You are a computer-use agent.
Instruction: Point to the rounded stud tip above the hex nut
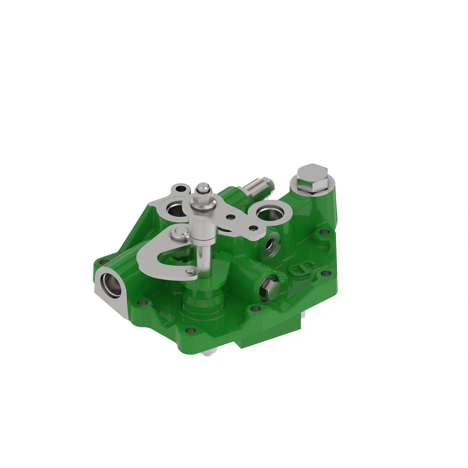point(202,187)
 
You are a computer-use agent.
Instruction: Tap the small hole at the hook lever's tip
point(191,271)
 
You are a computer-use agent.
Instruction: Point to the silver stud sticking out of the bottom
point(207,353)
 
